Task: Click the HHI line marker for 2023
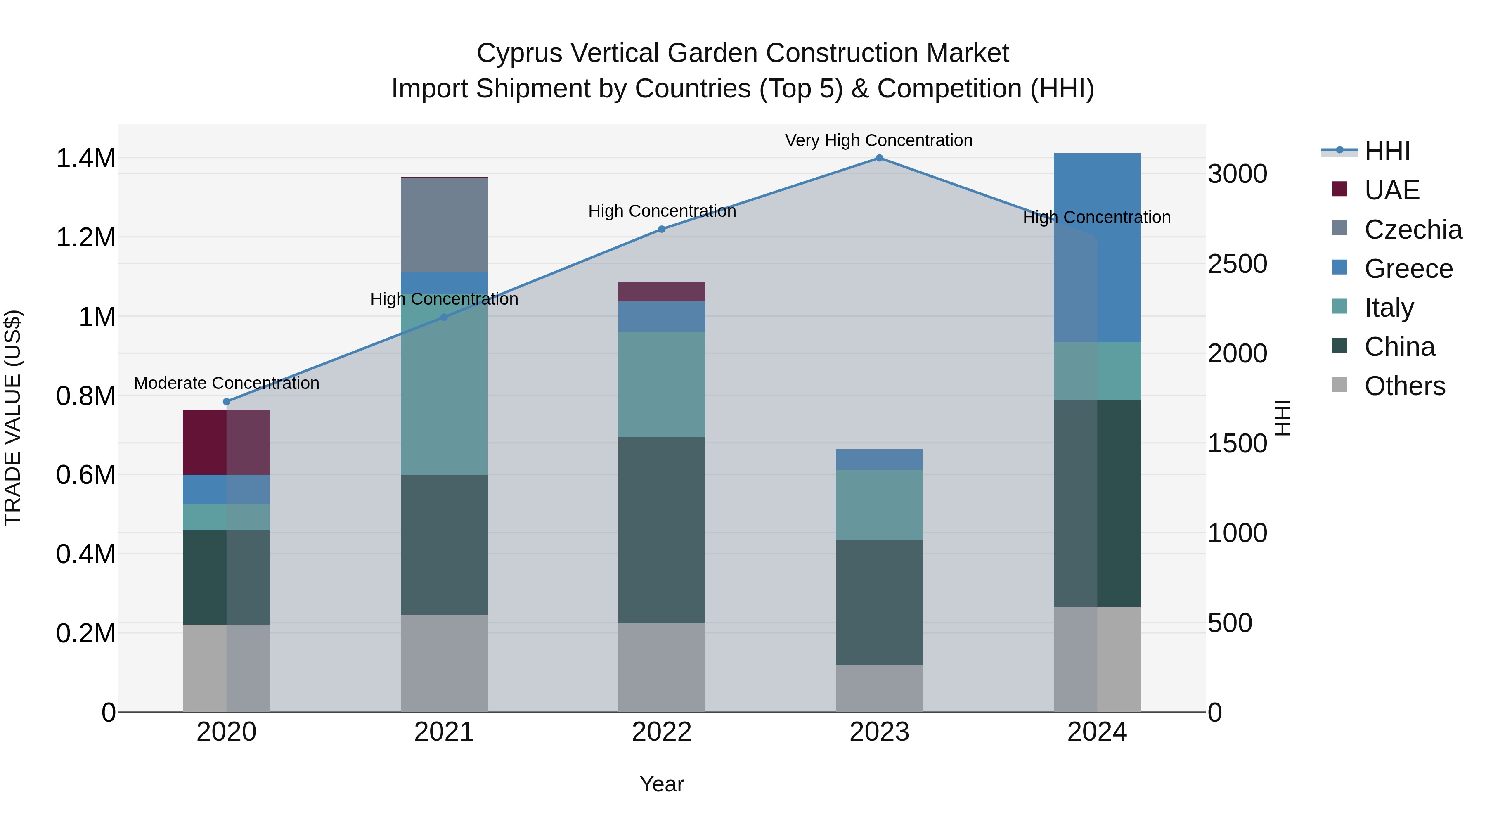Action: click(x=879, y=158)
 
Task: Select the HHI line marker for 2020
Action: click(x=226, y=402)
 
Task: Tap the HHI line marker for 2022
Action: click(x=662, y=229)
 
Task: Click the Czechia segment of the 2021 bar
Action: click(x=444, y=225)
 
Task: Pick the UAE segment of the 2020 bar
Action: click(x=226, y=442)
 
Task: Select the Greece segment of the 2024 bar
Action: click(x=1097, y=248)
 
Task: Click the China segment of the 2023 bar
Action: click(x=879, y=602)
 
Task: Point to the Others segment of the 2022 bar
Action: click(x=662, y=668)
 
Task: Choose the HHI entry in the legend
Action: click(x=1387, y=151)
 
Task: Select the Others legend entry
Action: click(x=1404, y=386)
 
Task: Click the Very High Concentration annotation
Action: click(x=878, y=140)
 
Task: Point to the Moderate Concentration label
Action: click(x=226, y=383)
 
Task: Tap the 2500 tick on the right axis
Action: click(x=1238, y=264)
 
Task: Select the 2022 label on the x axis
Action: click(x=662, y=732)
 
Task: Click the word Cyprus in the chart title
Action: click(x=518, y=53)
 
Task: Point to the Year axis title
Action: click(x=662, y=784)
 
